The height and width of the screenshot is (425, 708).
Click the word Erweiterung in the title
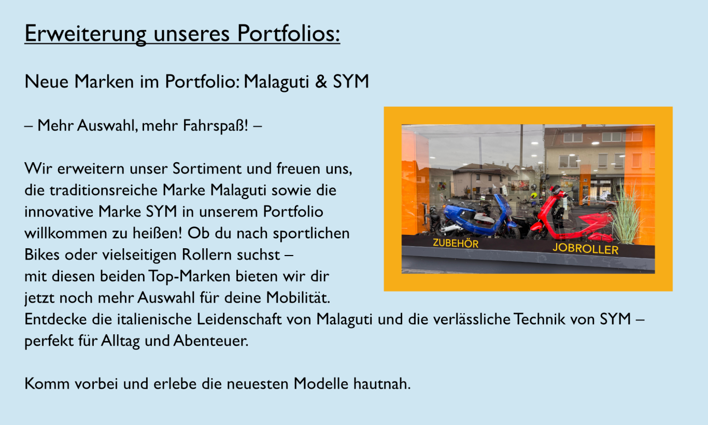86,34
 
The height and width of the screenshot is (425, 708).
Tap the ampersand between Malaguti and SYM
321,81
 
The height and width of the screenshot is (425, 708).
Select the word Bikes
42,254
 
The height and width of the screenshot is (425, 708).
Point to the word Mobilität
298,298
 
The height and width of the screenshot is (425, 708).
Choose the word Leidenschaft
239,319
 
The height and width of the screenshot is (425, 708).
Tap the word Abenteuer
211,341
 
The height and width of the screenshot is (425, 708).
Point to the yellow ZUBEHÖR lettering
456,243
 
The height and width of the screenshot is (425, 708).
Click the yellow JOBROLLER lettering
585,249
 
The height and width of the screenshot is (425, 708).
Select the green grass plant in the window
627,215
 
